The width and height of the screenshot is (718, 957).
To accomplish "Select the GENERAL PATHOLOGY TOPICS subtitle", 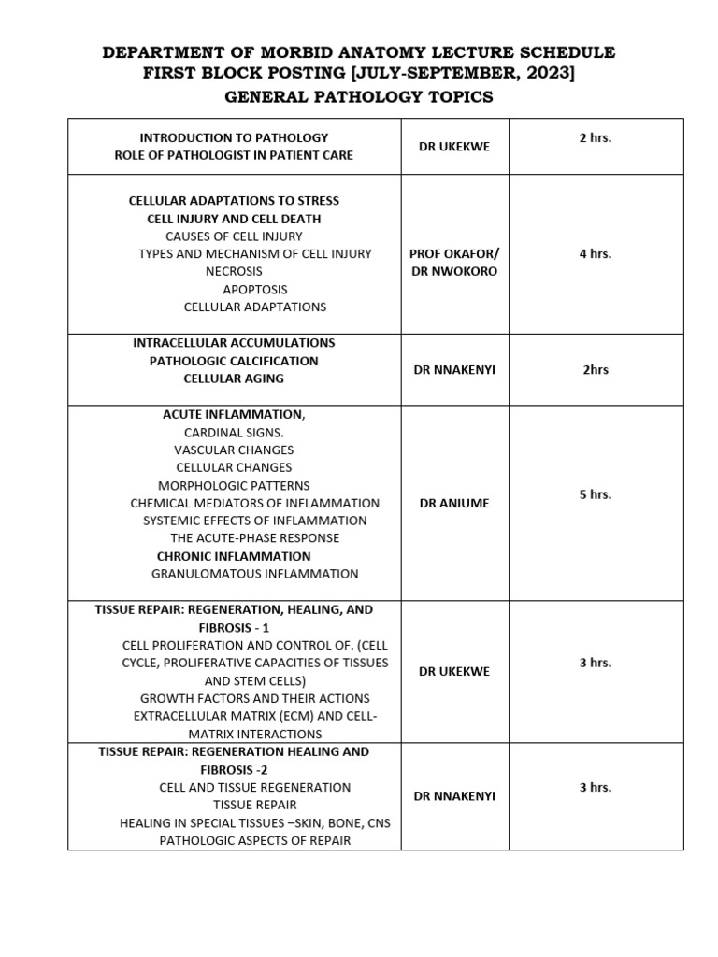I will pos(359,97).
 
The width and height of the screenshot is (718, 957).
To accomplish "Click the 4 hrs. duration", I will pos(596,253).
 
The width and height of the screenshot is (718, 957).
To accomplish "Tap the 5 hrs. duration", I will pos(596,494).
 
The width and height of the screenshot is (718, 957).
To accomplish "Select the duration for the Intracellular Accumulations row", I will pos(596,369).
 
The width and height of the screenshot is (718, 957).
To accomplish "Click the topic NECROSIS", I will pos(234,271).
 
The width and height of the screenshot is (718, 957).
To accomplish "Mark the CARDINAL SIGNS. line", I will pos(234,432).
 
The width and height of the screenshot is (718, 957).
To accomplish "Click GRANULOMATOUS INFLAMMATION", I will pos(255,574).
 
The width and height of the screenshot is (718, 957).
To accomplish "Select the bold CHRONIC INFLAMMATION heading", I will pos(234,556).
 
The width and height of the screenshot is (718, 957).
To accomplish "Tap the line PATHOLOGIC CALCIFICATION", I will pos(234,361).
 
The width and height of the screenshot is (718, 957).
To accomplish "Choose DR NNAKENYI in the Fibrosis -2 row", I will pos(454,796).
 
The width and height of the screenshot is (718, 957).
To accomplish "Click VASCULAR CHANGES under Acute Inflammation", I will pos(234,450).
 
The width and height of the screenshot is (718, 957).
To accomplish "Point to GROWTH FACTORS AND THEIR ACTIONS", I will pos(255,698).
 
